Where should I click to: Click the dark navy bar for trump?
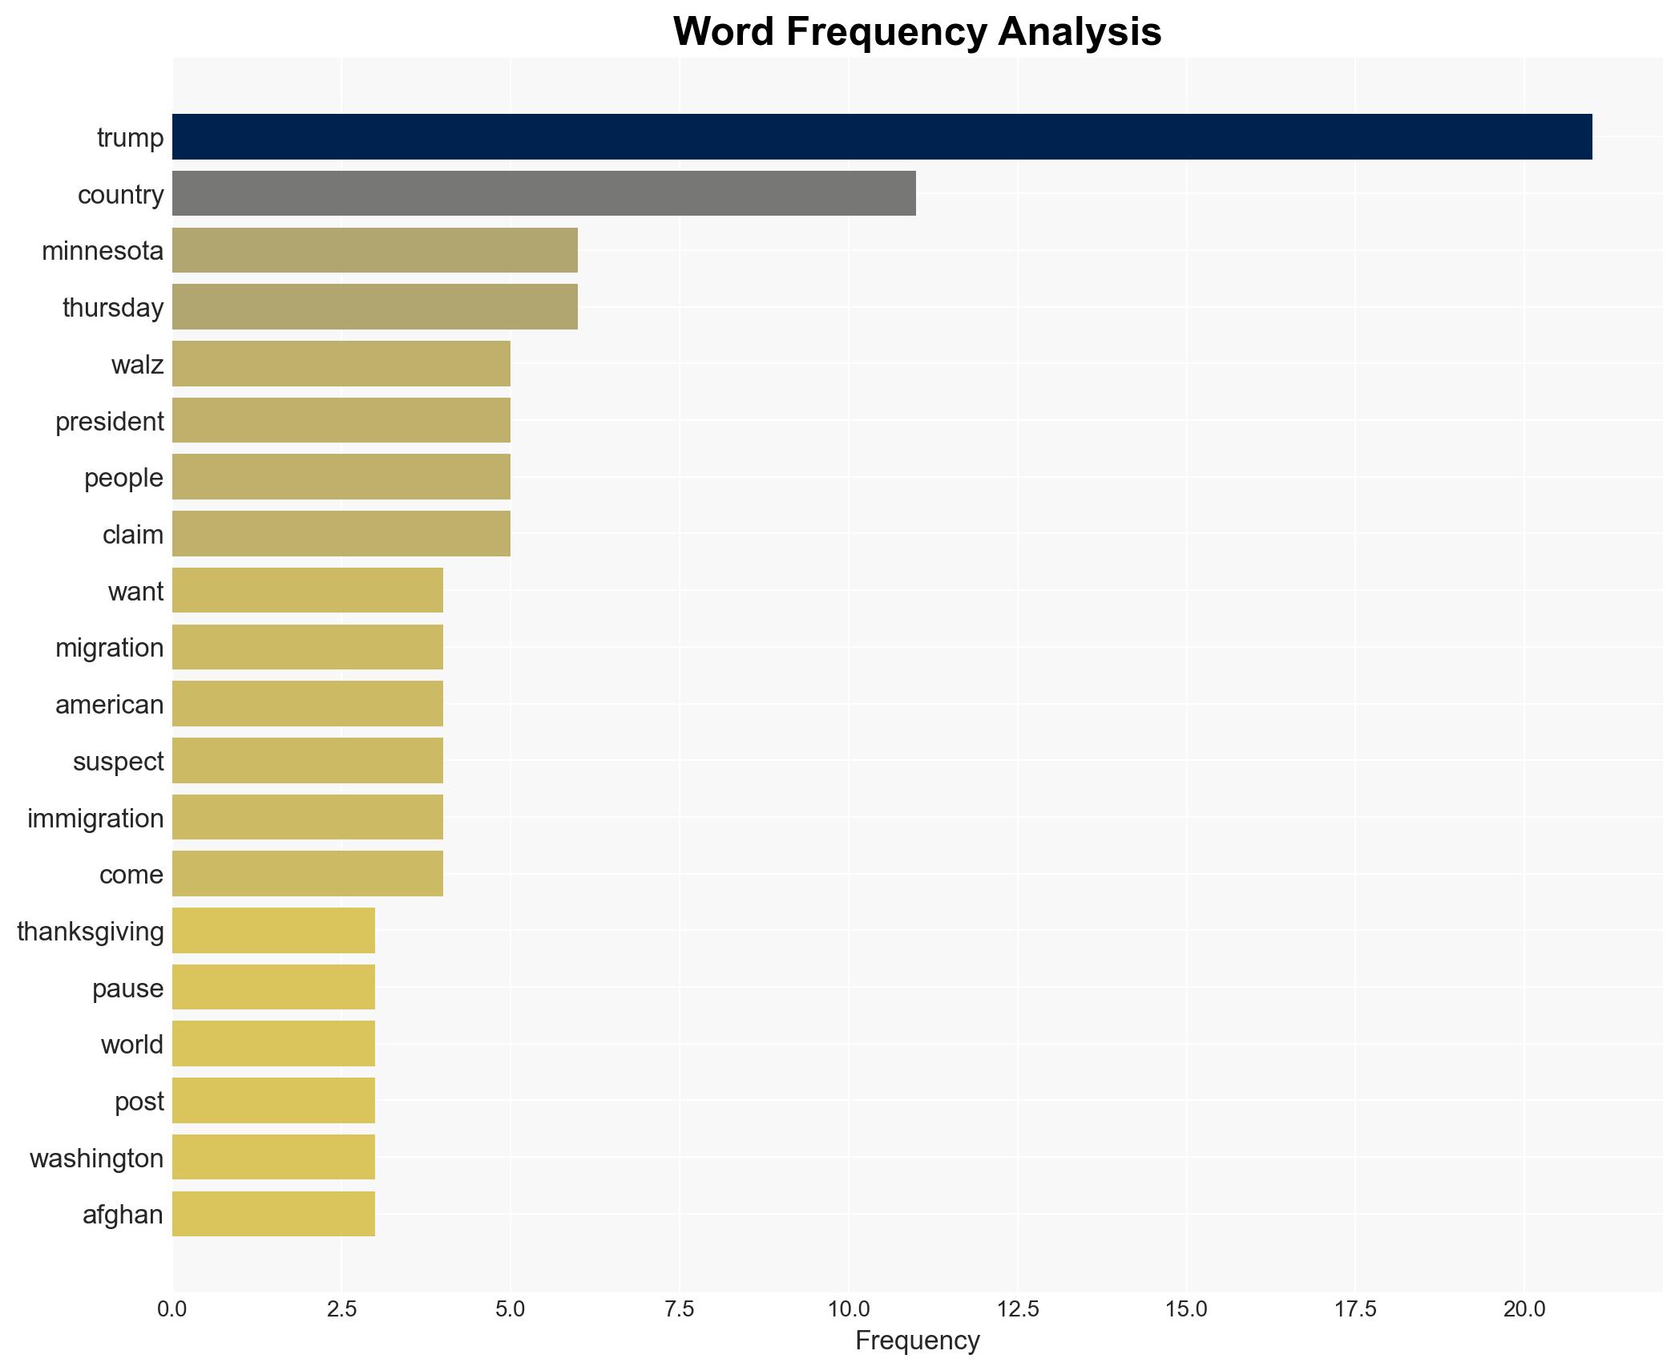882,137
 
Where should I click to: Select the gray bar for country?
543,194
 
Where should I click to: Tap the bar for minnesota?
374,250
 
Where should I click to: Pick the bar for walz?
341,364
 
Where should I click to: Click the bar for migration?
307,647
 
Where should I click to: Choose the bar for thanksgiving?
273,931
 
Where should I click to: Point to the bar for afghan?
273,1214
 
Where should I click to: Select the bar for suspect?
307,761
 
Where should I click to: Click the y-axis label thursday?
113,308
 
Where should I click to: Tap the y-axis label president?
109,422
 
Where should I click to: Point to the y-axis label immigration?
95,819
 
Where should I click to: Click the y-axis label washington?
96,1159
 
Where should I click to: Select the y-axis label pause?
127,989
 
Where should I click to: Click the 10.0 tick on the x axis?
849,1309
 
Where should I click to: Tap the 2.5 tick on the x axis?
341,1309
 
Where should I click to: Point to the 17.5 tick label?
1355,1309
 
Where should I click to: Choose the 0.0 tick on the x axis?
172,1309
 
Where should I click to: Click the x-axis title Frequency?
917,1341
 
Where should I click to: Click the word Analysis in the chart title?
1080,32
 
